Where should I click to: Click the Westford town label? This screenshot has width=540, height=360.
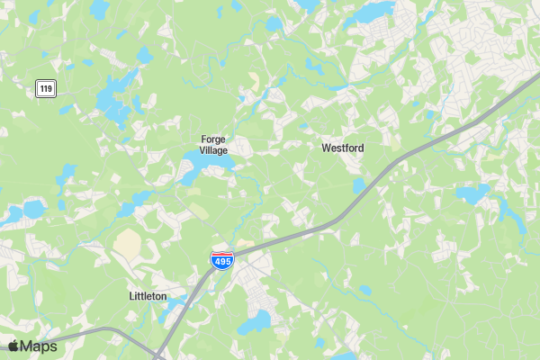[343, 147]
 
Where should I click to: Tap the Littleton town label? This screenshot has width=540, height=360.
[148, 296]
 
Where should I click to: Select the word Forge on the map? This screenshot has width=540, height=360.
[213, 139]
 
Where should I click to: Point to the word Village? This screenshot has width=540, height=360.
[213, 150]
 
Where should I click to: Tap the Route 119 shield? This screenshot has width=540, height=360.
[46, 87]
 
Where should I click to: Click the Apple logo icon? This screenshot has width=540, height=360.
[13, 346]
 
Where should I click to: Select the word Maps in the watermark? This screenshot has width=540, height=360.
[39, 346]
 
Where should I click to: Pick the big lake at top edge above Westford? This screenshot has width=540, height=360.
[371, 12]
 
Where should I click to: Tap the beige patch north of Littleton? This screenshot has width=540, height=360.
[129, 244]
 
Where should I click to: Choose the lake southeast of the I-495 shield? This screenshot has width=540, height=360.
[256, 321]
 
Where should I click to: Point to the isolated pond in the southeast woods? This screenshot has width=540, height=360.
[364, 291]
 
